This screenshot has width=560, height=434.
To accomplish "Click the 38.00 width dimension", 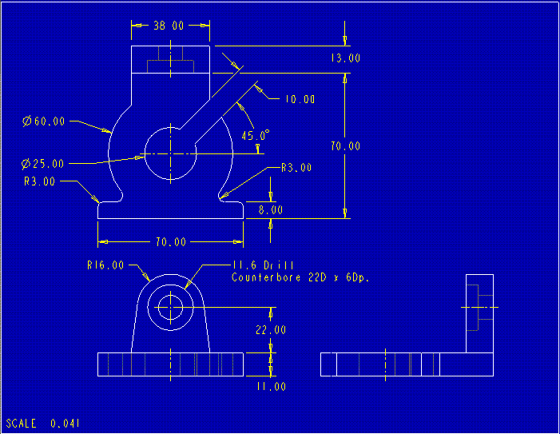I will pyautogui.click(x=169, y=26).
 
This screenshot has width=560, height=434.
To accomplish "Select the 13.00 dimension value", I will pyautogui.click(x=345, y=58).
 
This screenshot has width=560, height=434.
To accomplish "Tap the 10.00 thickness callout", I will pyautogui.click(x=300, y=100).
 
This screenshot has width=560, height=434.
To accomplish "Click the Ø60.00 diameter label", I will pyautogui.click(x=44, y=121).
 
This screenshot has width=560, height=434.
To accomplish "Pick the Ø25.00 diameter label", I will pyautogui.click(x=44, y=164).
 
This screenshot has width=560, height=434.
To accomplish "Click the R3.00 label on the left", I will pyautogui.click(x=40, y=181).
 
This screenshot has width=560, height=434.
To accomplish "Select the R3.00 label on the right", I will pyautogui.click(x=296, y=168).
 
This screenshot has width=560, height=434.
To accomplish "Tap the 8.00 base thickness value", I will pyautogui.click(x=270, y=209).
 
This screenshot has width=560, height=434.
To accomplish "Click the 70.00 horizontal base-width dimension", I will pyautogui.click(x=169, y=241).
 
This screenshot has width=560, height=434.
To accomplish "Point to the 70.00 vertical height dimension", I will pyautogui.click(x=345, y=146).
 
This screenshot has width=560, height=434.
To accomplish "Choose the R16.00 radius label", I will pyautogui.click(x=105, y=265).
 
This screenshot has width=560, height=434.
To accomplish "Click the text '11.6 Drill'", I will pyautogui.click(x=263, y=265).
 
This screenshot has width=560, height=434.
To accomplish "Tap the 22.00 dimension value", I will pyautogui.click(x=270, y=329).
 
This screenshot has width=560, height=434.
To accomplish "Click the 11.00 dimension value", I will pyautogui.click(x=270, y=386).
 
